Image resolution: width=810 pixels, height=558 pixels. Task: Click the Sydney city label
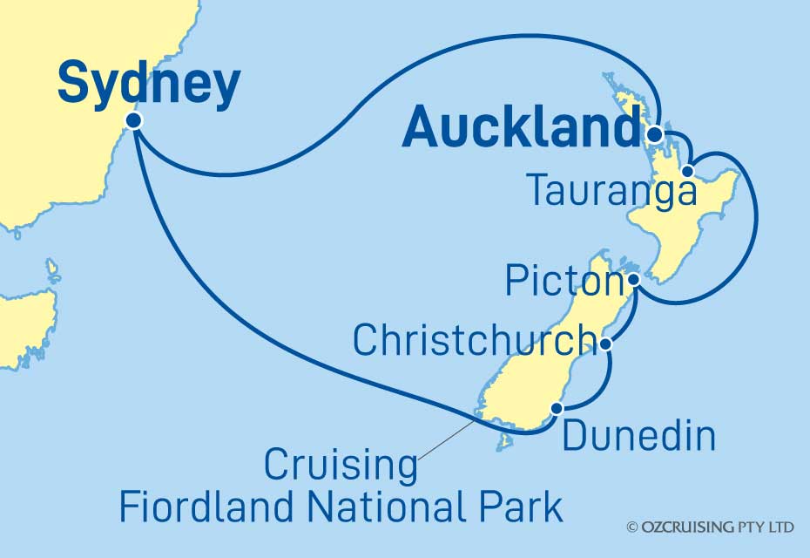pyautogui.click(x=149, y=85)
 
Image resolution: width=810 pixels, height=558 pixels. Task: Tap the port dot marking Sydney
pyautogui.click(x=133, y=120)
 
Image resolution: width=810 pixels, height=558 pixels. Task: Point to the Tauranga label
pyautogui.click(x=612, y=192)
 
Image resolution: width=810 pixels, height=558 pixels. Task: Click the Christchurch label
pyautogui.click(x=474, y=341)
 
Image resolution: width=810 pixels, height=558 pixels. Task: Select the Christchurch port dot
pyautogui.click(x=606, y=345)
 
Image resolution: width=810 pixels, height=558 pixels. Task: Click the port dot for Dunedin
pyautogui.click(x=558, y=407)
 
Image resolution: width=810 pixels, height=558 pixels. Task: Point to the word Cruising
pyautogui.click(x=341, y=466)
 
